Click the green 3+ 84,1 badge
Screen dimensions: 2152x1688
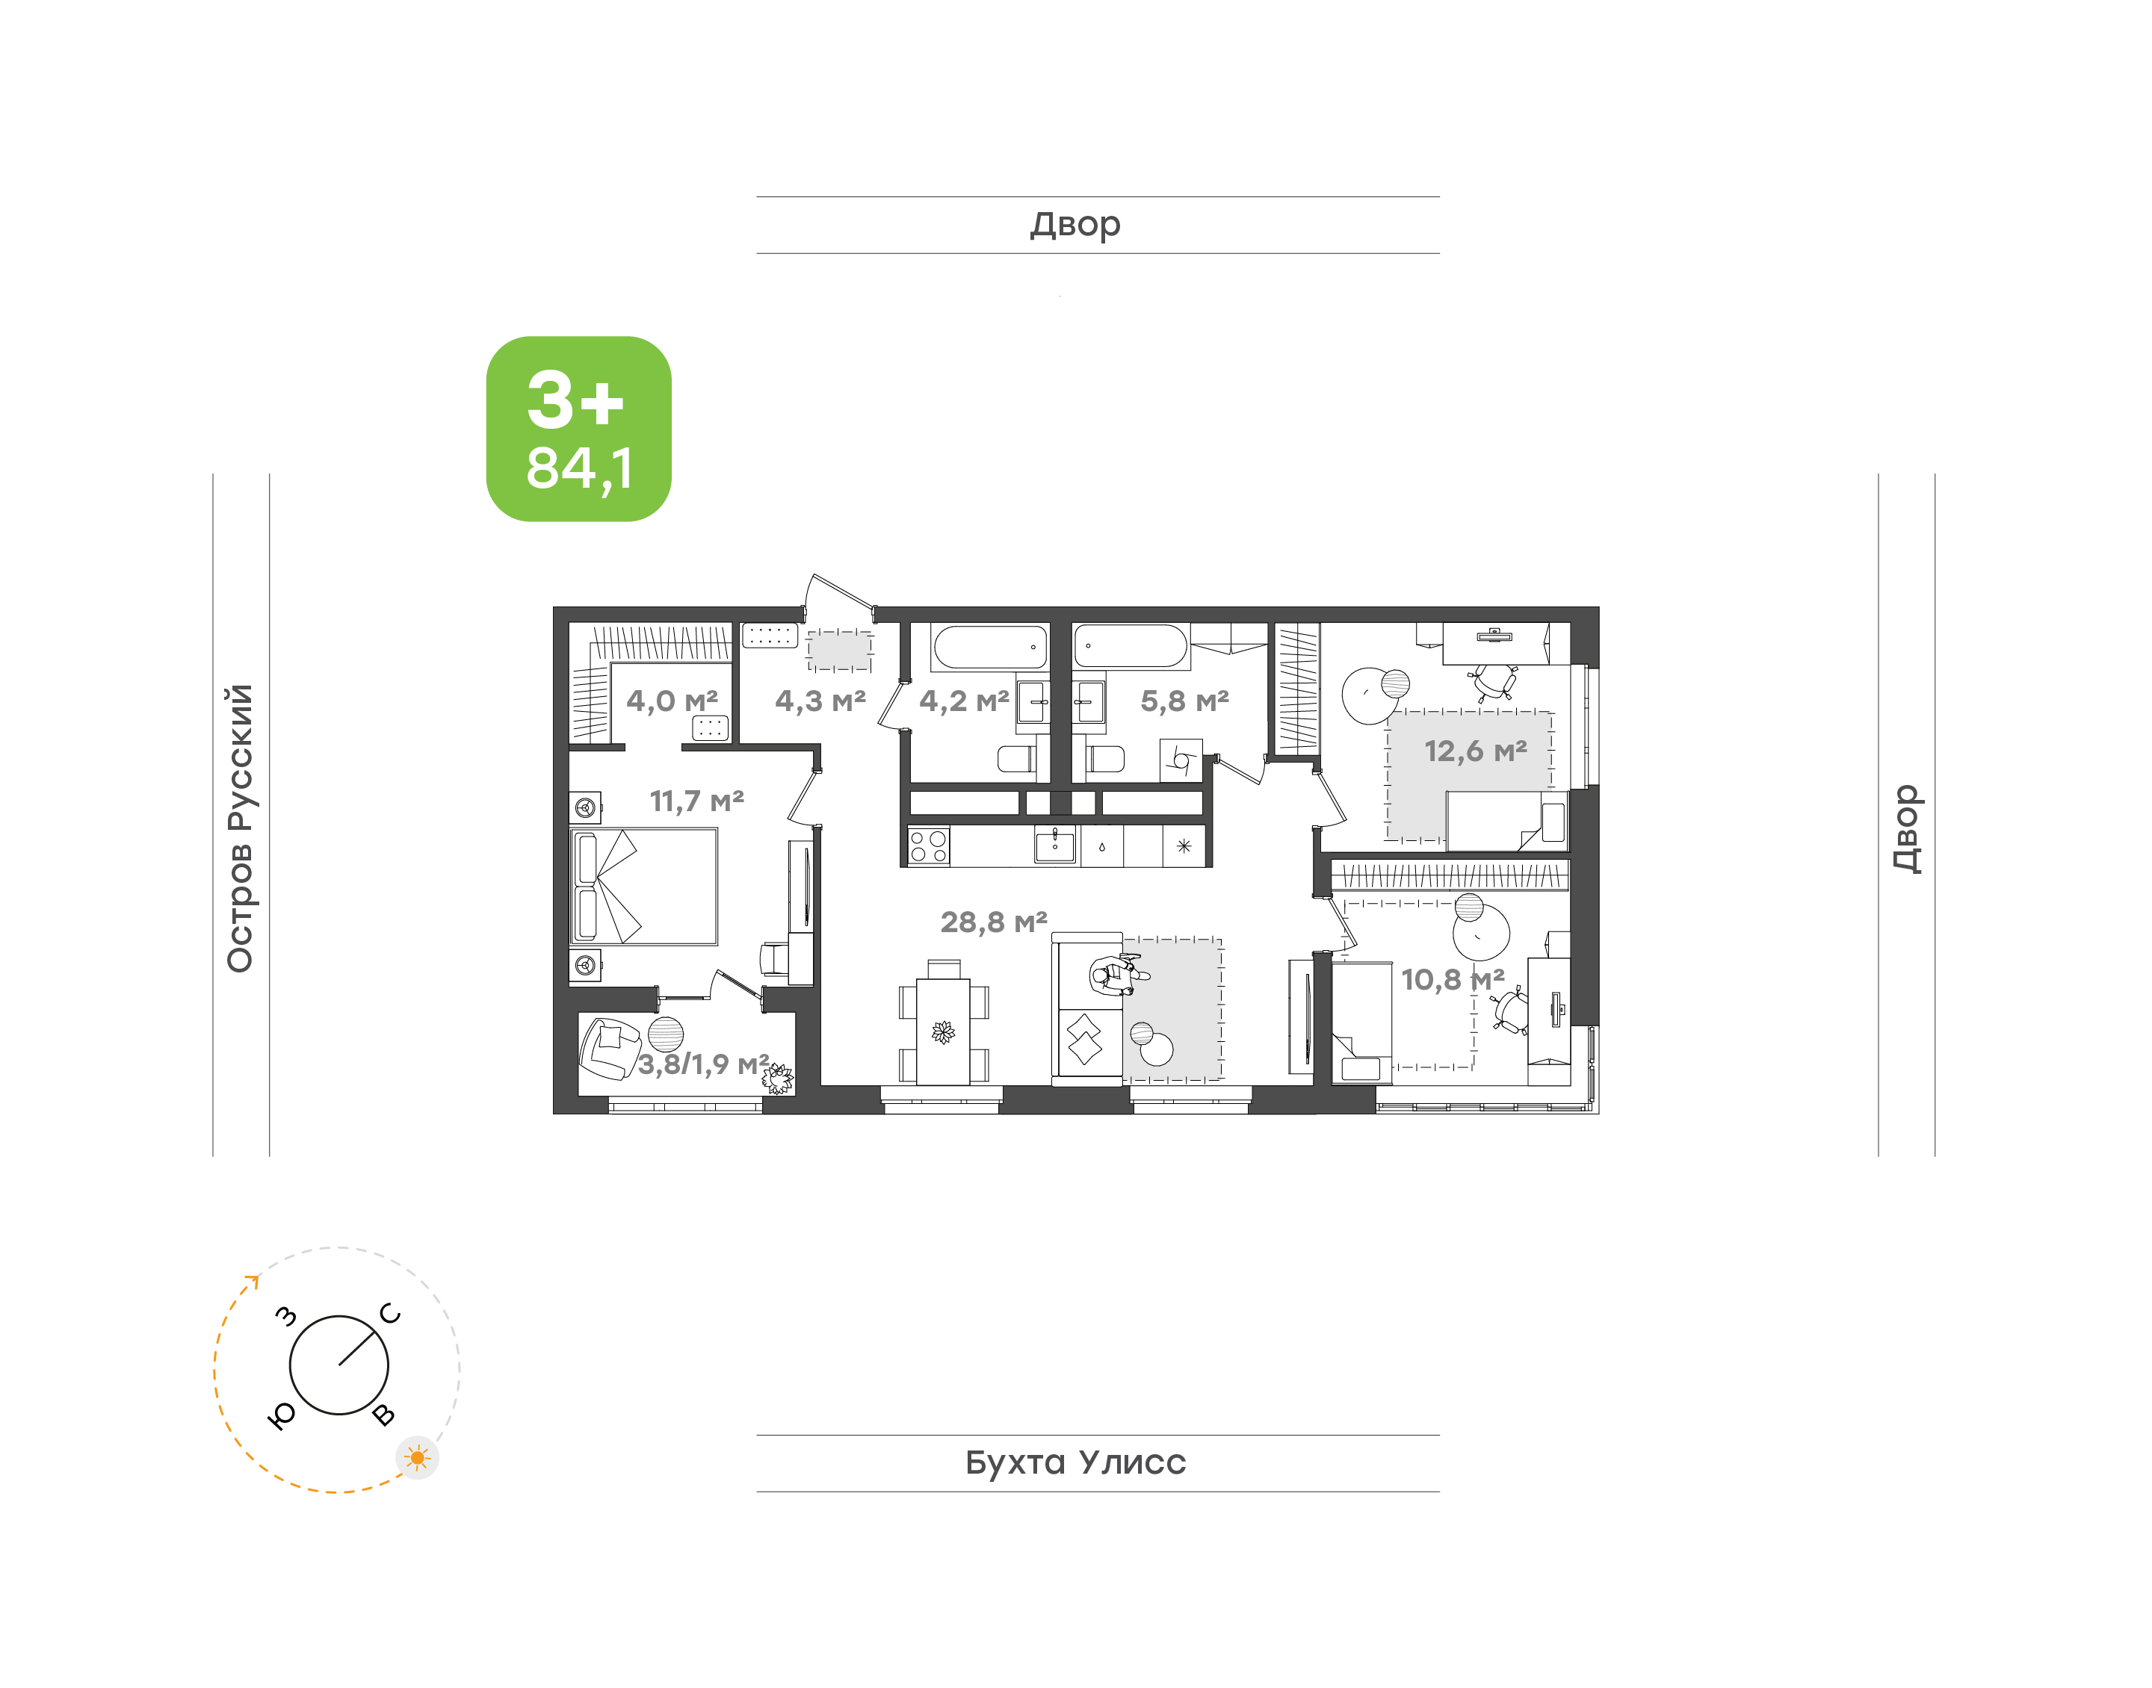click(578, 428)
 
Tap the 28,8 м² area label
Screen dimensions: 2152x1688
click(994, 922)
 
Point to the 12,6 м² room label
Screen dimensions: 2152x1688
click(1475, 751)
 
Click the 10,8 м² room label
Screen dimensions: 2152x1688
click(1452, 979)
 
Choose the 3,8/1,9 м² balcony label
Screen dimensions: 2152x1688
click(703, 1064)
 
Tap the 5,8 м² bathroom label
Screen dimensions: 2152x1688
click(1184, 701)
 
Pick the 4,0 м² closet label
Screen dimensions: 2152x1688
click(672, 701)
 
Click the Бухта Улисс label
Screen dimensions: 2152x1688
click(1075, 1462)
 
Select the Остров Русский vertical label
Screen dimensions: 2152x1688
click(240, 828)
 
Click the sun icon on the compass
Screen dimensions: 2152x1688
click(417, 1458)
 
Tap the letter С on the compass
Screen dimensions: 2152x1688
click(391, 1314)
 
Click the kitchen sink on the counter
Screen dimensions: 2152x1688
click(1055, 846)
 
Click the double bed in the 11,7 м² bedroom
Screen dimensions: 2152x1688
click(643, 887)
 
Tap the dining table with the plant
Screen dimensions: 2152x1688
click(943, 1031)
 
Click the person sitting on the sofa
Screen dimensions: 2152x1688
click(1118, 975)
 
